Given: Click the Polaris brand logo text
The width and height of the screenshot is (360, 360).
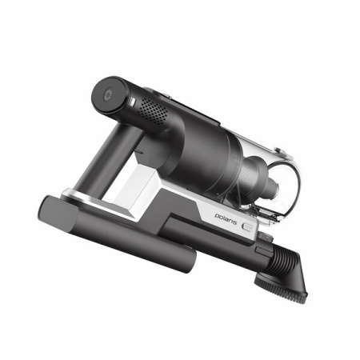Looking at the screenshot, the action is coord(226,218).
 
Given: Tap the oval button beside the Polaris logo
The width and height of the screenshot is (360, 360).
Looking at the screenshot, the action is coord(247,226).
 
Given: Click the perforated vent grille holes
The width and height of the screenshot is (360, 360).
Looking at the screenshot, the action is coord(152,110).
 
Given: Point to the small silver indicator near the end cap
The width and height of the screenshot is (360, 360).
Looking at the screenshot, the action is coord(132,102).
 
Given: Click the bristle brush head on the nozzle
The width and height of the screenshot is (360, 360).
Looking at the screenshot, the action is coord(281,290).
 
